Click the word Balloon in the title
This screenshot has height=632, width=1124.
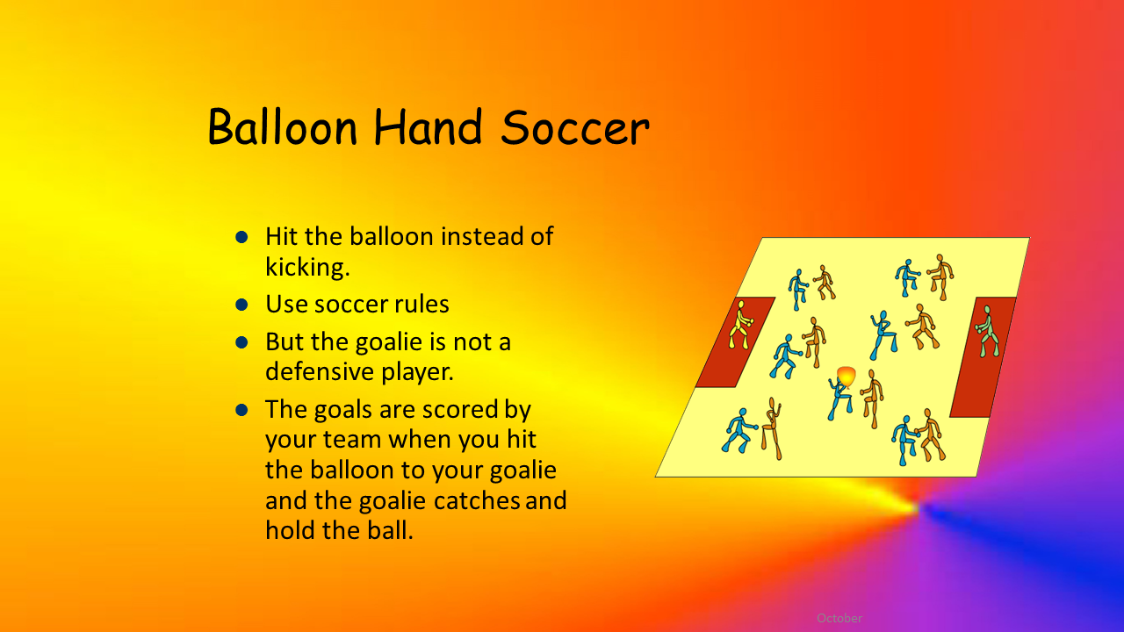(283, 126)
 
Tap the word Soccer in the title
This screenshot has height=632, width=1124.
(575, 127)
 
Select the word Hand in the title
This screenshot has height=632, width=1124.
(428, 126)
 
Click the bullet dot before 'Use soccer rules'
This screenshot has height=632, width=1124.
(241, 305)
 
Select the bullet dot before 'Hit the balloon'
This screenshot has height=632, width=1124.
(241, 237)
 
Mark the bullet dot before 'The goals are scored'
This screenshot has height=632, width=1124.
(241, 410)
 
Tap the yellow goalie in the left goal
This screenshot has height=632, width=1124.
(740, 325)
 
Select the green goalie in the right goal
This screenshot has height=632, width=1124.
(987, 332)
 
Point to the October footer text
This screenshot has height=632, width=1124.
(839, 618)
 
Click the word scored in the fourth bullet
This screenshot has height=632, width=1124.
(462, 409)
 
